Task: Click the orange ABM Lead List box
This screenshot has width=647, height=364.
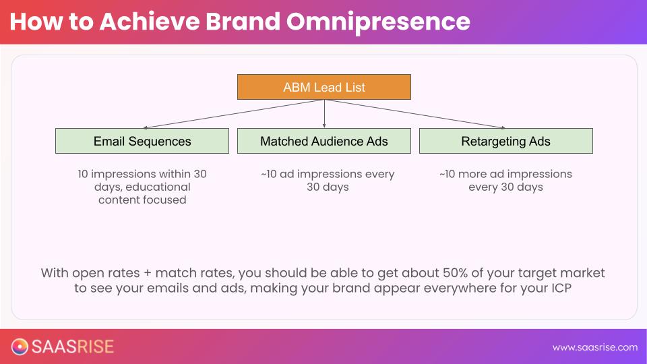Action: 324,87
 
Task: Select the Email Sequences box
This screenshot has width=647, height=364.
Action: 142,141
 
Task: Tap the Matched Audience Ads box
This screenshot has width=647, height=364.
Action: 324,141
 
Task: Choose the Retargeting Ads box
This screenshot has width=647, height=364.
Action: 506,141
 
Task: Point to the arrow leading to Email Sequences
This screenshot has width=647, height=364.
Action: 233,114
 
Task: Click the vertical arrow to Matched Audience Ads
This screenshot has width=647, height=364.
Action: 324,114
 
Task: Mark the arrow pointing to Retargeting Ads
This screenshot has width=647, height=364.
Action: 414,114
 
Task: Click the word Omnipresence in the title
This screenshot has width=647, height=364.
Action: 378,22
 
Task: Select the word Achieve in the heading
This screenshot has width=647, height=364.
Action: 150,21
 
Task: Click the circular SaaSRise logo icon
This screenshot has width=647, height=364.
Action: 20,346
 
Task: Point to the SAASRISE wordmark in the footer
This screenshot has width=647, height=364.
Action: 73,346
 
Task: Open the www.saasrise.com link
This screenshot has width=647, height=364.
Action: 595,348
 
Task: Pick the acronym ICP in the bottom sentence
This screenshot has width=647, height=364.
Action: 561,288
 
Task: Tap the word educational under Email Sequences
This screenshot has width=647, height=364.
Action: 158,187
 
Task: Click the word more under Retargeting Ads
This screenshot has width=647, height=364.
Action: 472,174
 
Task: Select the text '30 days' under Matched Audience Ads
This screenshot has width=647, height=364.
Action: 328,187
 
